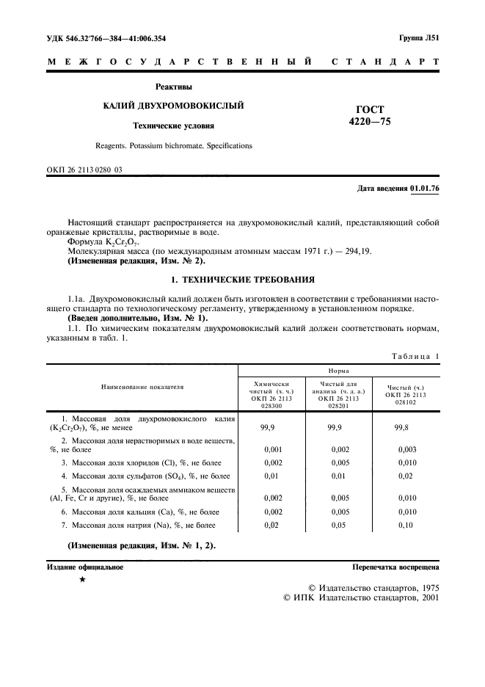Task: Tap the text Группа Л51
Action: coord(419,37)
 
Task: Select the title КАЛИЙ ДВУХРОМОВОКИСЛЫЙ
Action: coord(173,106)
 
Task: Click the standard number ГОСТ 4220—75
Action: coord(371,115)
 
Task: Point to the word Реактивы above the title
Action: coord(173,87)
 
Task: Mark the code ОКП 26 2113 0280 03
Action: coord(84,170)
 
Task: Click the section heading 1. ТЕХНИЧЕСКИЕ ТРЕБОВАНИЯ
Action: coord(243,280)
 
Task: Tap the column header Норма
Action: coord(338,372)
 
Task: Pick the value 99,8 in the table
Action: coord(403,426)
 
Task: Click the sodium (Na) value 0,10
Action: coord(407,525)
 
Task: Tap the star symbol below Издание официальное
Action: coord(82,581)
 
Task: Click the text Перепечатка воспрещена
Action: coord(395,567)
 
